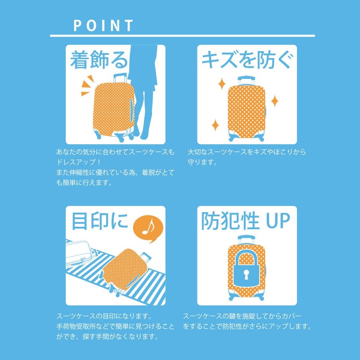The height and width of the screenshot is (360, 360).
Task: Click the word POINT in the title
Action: pyautogui.click(x=103, y=25)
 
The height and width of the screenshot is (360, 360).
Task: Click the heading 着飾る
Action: pyautogui.click(x=99, y=60)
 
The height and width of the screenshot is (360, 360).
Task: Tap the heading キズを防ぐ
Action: pyautogui.click(x=247, y=60)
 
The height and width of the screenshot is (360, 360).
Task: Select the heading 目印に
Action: pyautogui.click(x=99, y=221)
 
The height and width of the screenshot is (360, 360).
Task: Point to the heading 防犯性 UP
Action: pyautogui.click(x=246, y=221)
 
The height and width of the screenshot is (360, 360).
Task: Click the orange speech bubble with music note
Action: pyautogui.click(x=148, y=229)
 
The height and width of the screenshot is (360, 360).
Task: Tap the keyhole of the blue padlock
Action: pyautogui.click(x=246, y=274)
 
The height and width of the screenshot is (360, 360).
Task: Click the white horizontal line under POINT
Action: pyautogui.click(x=182, y=36)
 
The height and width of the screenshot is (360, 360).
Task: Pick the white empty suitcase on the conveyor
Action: pyautogui.click(x=78, y=253)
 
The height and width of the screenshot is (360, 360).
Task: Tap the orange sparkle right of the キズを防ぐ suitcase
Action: pyautogui.click(x=275, y=101)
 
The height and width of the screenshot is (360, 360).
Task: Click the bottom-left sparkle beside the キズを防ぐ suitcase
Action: pyautogui.click(x=215, y=125)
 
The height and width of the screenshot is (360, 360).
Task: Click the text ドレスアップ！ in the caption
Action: pyautogui.click(x=78, y=162)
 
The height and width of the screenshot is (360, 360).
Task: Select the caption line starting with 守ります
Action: pyautogui.click(x=202, y=162)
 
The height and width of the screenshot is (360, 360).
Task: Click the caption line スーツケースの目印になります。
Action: pyautogui.click(x=104, y=316)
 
